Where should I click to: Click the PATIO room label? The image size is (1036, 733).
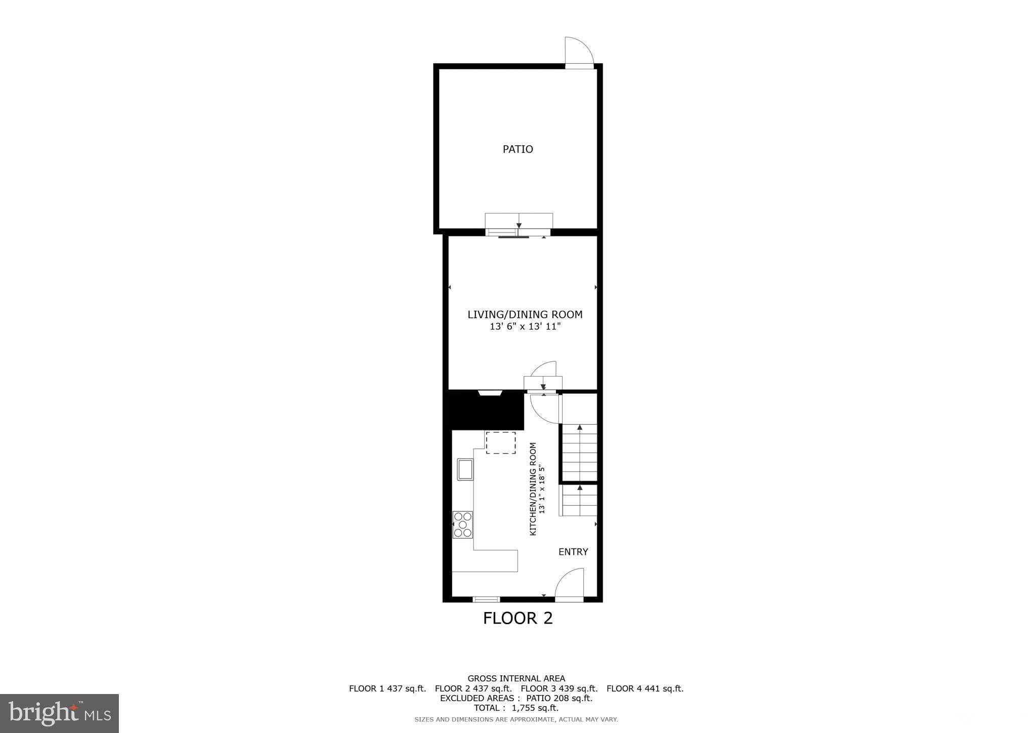pos(517,149)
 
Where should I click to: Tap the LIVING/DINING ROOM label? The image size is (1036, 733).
pos(525,314)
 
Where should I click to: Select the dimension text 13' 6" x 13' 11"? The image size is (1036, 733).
pos(525,327)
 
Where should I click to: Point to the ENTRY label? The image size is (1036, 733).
pos(573,552)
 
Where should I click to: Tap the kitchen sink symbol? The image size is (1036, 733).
pos(465,469)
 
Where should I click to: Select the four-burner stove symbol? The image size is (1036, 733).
pos(463,525)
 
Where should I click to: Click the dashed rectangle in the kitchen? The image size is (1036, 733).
pos(501,442)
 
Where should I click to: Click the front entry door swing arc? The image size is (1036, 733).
pos(570,584)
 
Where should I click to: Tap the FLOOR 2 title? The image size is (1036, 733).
pos(517,618)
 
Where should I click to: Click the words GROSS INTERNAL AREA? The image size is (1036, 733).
pos(516,678)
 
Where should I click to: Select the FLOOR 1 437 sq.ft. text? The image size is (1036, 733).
pos(387,688)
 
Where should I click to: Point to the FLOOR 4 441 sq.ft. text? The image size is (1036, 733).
pos(644,688)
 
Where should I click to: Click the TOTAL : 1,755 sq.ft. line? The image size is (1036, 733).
pos(516,708)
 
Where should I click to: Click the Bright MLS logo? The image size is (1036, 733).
pos(60,713)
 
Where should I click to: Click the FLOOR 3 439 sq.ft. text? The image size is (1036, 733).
pos(559,688)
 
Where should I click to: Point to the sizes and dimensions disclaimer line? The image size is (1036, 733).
pos(516,719)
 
